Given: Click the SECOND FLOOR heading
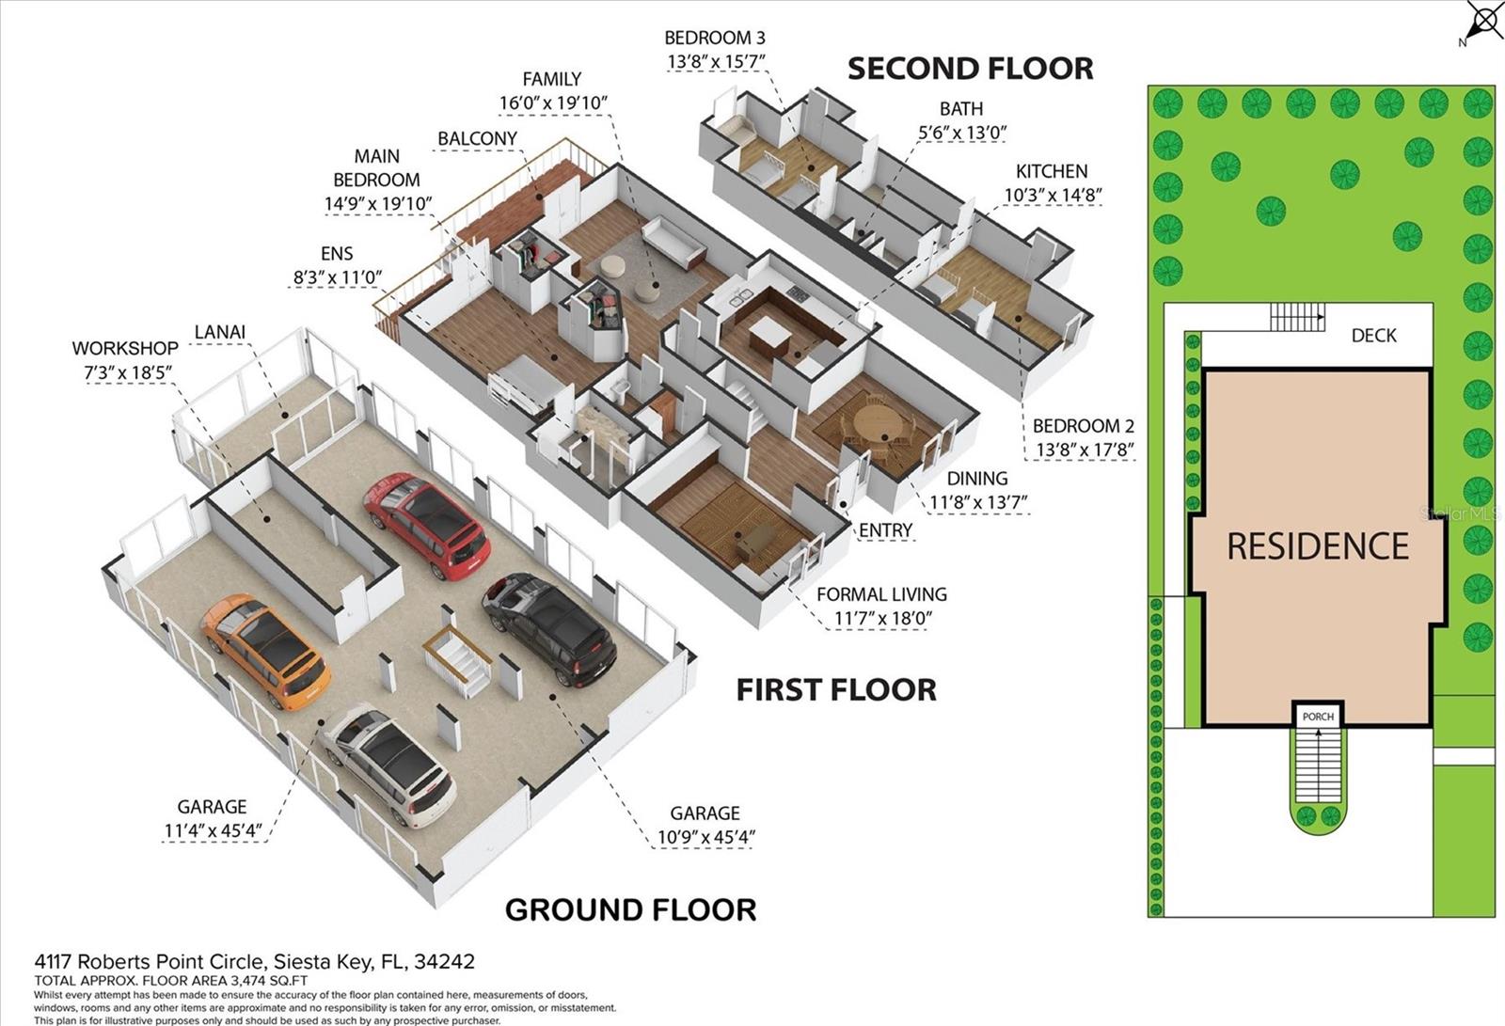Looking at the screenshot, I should (970, 69).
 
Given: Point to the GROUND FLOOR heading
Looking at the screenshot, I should (630, 909).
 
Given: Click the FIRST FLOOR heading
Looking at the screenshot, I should (835, 689).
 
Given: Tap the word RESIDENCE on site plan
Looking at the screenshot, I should (1317, 546).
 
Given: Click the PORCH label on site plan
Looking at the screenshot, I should (1318, 717).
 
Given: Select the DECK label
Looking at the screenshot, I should (1373, 336).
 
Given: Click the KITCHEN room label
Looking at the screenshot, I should (1051, 171).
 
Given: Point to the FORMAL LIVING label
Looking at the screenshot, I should (881, 594).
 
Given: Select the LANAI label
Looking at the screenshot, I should (219, 331).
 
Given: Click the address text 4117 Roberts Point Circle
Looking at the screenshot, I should (254, 961).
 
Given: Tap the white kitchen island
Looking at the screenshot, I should (768, 332).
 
